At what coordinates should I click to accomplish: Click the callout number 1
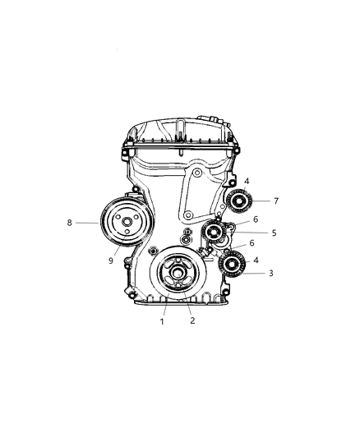point(163,321)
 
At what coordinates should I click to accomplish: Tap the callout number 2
point(192,321)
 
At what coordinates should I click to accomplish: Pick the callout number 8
point(72,222)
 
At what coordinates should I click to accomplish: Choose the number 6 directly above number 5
point(256,219)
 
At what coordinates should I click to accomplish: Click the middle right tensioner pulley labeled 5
point(219,233)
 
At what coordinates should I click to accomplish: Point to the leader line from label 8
point(89,222)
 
